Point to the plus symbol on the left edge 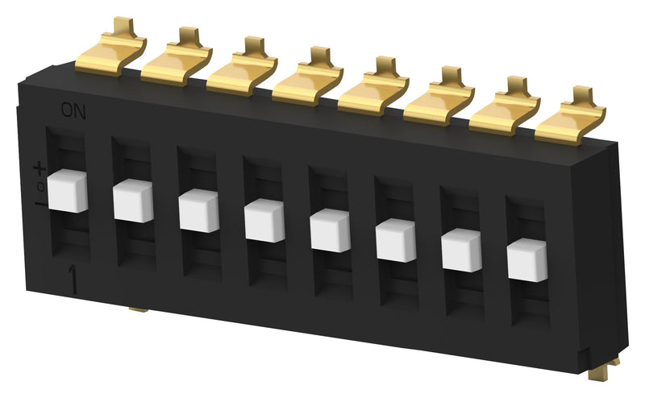[x=39, y=168]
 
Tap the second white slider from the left [x=133, y=201]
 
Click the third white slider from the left [x=199, y=210]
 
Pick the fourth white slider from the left [x=264, y=219]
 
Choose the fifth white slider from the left [x=331, y=229]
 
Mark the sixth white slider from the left [x=396, y=238]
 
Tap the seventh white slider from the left [x=461, y=249]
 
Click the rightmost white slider [x=527, y=259]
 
